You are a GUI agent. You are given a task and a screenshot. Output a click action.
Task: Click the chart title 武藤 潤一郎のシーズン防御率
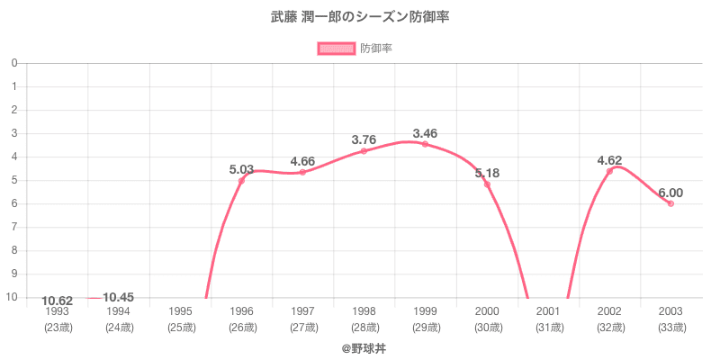[x=360, y=16]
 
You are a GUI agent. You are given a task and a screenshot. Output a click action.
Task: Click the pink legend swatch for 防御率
[x=337, y=49]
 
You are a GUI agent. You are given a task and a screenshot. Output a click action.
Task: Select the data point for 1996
[x=241, y=181]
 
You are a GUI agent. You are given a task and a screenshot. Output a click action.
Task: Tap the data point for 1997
[x=302, y=172]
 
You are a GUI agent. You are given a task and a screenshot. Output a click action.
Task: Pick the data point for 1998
[x=364, y=151]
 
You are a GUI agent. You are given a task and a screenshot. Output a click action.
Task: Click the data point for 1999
[x=425, y=144]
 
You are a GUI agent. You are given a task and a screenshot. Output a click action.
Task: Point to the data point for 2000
[x=487, y=184]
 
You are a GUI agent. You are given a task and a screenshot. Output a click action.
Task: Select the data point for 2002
[x=609, y=171]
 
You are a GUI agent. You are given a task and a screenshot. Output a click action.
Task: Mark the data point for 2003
[x=670, y=203]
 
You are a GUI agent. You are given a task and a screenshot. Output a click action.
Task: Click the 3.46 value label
[x=425, y=133]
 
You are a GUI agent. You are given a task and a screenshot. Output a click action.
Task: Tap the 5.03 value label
[x=241, y=169]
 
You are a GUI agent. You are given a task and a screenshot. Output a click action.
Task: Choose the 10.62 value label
[x=57, y=301]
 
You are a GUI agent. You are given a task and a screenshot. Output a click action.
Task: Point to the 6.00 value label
[x=670, y=193]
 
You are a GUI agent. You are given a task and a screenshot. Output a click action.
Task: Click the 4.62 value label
[x=609, y=160]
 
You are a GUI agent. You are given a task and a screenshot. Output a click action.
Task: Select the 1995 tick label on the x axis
[x=180, y=311]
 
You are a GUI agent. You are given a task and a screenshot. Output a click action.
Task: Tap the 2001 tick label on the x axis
[x=548, y=311]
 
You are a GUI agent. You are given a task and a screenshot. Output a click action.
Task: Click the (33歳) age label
[x=670, y=327]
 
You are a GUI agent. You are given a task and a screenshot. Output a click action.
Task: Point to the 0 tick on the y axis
[x=14, y=63]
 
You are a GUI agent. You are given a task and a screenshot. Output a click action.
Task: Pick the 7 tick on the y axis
[x=14, y=227]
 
